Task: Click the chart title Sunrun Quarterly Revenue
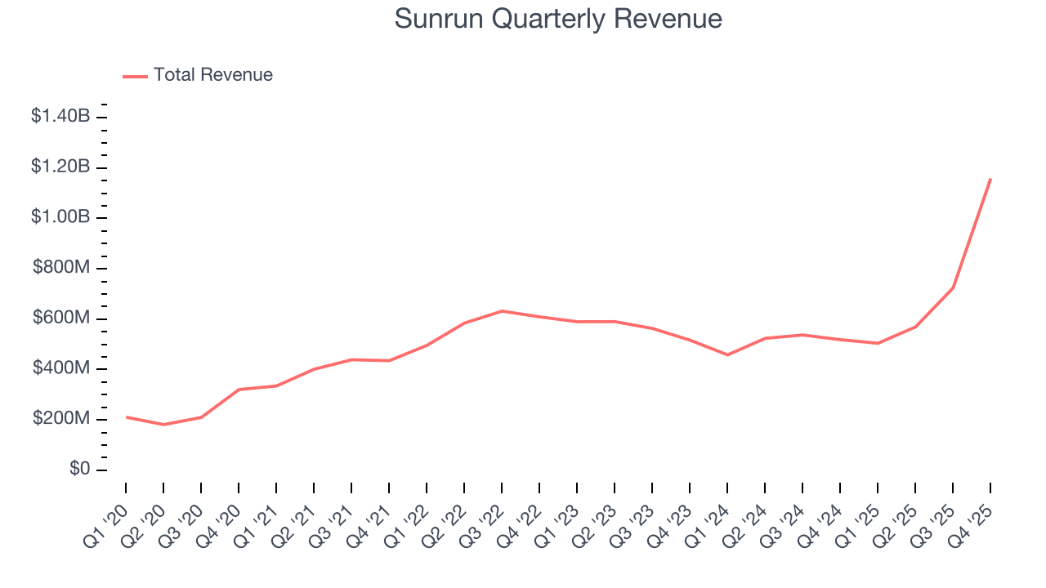[x=558, y=19]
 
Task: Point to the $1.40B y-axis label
[x=60, y=117]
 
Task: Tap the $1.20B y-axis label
[x=60, y=167]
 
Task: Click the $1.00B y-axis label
[x=60, y=218]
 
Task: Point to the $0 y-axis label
[x=79, y=470]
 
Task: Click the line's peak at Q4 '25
[x=990, y=179]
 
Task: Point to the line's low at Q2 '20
[x=163, y=425]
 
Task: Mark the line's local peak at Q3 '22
[x=502, y=311]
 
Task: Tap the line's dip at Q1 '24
[x=727, y=354]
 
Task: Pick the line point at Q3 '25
[x=953, y=287]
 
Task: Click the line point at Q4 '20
[x=239, y=390]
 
